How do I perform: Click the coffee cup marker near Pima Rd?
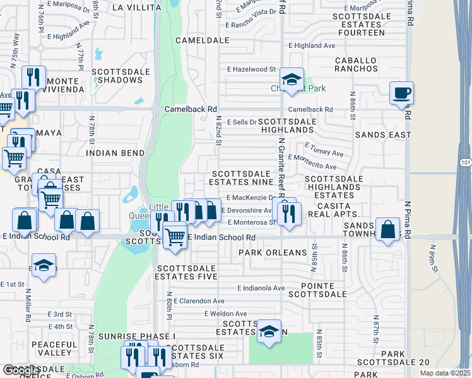(401, 94)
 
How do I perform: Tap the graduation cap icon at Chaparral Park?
(292, 80)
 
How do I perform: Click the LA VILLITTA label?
(136, 8)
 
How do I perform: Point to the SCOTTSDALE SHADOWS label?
(121, 76)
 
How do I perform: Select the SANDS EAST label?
(383, 135)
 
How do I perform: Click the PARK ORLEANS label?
(272, 253)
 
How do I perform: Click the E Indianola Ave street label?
(261, 288)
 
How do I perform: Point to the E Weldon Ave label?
(225, 314)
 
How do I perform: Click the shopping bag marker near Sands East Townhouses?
(388, 229)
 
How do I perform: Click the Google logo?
(20, 370)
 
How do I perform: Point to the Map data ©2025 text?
(445, 373)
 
